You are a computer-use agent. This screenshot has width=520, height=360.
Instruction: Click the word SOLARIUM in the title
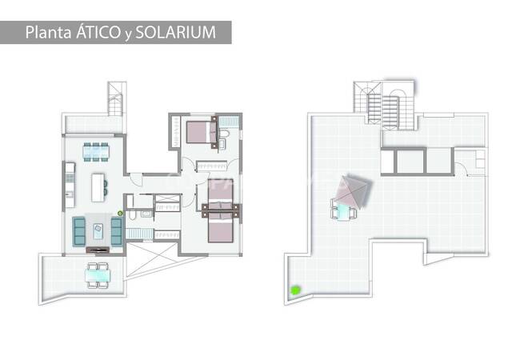tap(175, 33)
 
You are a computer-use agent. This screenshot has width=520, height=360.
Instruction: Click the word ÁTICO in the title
tap(98, 32)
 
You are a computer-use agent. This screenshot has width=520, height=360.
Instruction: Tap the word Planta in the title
tap(49, 33)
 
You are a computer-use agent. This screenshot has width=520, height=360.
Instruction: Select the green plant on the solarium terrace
tap(295, 290)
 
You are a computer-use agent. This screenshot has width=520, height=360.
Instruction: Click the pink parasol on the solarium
tap(351, 192)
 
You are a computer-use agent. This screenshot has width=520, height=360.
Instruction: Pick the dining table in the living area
tap(96, 152)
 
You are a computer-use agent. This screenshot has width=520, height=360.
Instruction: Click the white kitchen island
tap(98, 187)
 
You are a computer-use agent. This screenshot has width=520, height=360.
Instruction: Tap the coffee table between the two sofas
tap(98, 231)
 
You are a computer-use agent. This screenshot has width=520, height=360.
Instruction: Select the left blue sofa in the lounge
tap(79, 231)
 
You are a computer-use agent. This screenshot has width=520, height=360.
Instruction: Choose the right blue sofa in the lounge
tap(117, 231)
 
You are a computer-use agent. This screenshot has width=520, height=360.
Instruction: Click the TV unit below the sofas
tap(98, 250)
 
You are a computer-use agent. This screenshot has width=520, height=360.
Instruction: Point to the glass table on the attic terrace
tap(98, 275)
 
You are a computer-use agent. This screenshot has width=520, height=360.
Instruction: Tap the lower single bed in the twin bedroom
tap(221, 227)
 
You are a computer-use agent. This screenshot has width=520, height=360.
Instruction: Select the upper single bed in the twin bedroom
tap(221, 194)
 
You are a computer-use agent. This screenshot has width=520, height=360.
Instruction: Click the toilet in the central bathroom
tap(132, 215)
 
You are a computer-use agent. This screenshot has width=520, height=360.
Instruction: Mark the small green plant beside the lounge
tap(120, 214)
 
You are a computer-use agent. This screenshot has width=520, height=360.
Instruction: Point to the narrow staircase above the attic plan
tap(116, 98)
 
